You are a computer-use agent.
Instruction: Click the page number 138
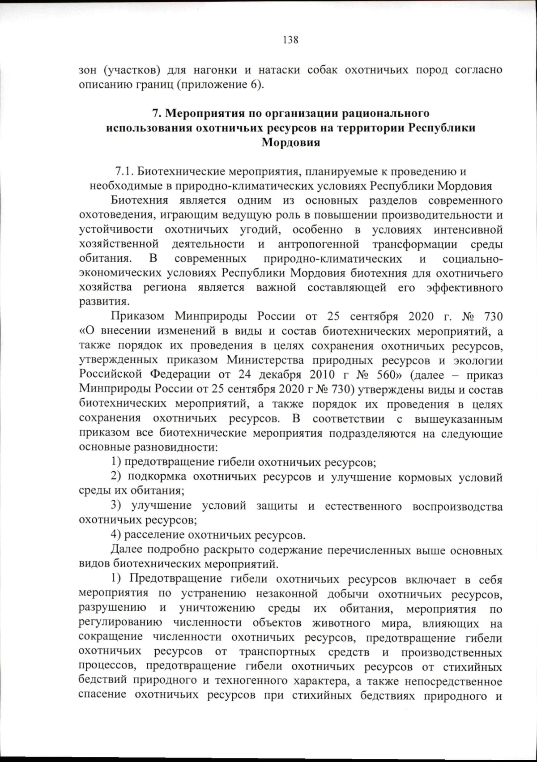[x=290, y=40]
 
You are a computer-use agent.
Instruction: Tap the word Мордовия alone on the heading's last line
[x=290, y=143]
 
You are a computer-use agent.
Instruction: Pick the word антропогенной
[x=318, y=244]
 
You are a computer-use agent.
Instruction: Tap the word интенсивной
[x=468, y=230]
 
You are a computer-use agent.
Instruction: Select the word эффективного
[x=465, y=287]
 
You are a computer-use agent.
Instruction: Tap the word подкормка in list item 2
[x=157, y=477]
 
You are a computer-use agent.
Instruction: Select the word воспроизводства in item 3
[x=457, y=507]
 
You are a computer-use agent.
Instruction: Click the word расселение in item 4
[x=154, y=535]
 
